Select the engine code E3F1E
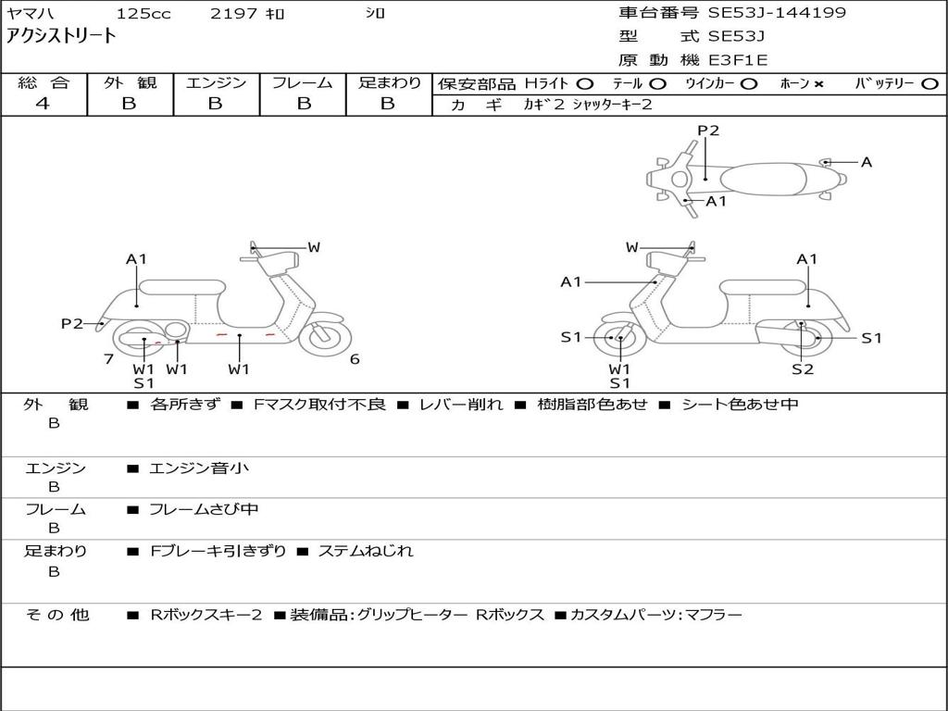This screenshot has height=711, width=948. click(738, 60)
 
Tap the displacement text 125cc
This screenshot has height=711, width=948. click(143, 14)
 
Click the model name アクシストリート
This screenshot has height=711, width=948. click(62, 37)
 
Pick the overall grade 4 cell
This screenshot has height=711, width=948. click(43, 104)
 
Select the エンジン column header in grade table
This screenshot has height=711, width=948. click(216, 83)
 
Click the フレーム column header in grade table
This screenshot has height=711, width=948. click(302, 83)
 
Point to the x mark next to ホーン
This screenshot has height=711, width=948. click(818, 84)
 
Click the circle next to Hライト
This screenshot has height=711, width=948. click(585, 84)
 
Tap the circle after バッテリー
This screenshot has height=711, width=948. click(929, 84)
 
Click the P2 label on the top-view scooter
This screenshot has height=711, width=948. click(708, 131)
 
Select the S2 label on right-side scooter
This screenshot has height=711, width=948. click(802, 369)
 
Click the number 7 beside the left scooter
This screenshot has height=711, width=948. click(108, 359)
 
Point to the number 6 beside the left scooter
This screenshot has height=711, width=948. click(355, 359)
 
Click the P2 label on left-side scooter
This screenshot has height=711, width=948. click(72, 323)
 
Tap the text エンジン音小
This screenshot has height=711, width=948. click(199, 468)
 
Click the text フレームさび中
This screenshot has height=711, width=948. click(204, 509)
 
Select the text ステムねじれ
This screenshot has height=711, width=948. click(366, 551)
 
